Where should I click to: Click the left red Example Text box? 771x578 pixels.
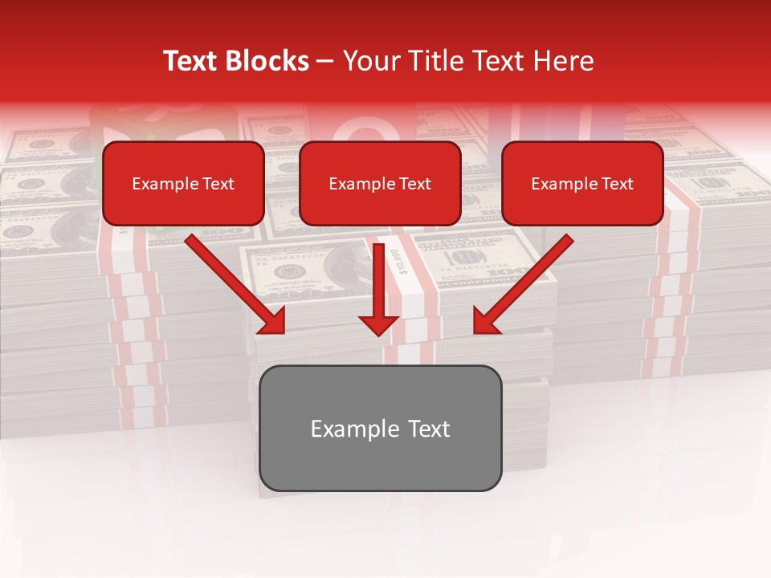(183, 183)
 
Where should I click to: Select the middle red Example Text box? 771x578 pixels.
(380, 183)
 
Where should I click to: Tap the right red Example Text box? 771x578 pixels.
(582, 183)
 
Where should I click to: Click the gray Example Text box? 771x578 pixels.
(380, 428)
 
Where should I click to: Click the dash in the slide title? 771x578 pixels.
(325, 61)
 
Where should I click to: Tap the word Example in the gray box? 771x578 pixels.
(351, 429)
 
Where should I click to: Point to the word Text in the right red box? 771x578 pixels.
(618, 184)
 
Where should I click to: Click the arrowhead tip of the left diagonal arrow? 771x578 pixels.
(284, 332)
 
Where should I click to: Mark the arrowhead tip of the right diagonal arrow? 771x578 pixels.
(475, 332)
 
